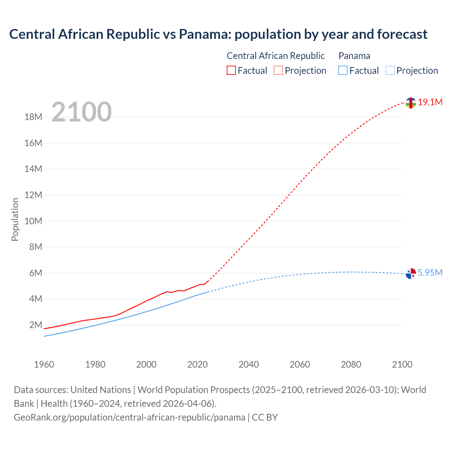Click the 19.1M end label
[430, 102]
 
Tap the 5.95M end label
[430, 273]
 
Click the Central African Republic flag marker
[410, 103]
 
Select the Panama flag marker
[411, 273]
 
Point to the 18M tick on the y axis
[33, 117]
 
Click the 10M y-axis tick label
[33, 221]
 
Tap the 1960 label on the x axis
[44, 364]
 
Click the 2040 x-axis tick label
[249, 364]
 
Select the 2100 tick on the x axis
[402, 364]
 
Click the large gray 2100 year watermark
[82, 112]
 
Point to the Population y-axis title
[15, 219]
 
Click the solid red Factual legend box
[231, 71]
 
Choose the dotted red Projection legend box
[278, 71]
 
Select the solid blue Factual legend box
[343, 71]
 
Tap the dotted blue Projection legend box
[390, 71]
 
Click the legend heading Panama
[354, 56]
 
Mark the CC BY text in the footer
[265, 417]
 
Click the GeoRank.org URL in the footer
[129, 417]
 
